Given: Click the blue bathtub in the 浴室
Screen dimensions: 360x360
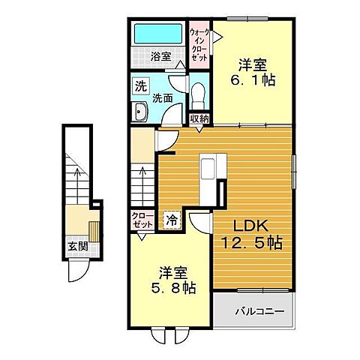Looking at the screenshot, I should [157, 34].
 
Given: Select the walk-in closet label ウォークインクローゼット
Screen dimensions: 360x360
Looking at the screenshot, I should [199, 45].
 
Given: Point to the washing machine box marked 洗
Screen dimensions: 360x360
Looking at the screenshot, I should [141, 86].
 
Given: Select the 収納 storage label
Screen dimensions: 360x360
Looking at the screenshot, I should [198, 118].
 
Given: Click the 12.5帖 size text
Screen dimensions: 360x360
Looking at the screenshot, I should [250, 243].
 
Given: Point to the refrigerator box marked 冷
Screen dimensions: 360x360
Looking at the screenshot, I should [172, 221].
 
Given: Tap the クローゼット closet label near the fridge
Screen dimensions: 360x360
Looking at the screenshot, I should [143, 220].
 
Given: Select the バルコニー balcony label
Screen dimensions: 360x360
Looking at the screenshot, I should [254, 310].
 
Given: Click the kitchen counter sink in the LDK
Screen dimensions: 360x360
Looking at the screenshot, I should [207, 164].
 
